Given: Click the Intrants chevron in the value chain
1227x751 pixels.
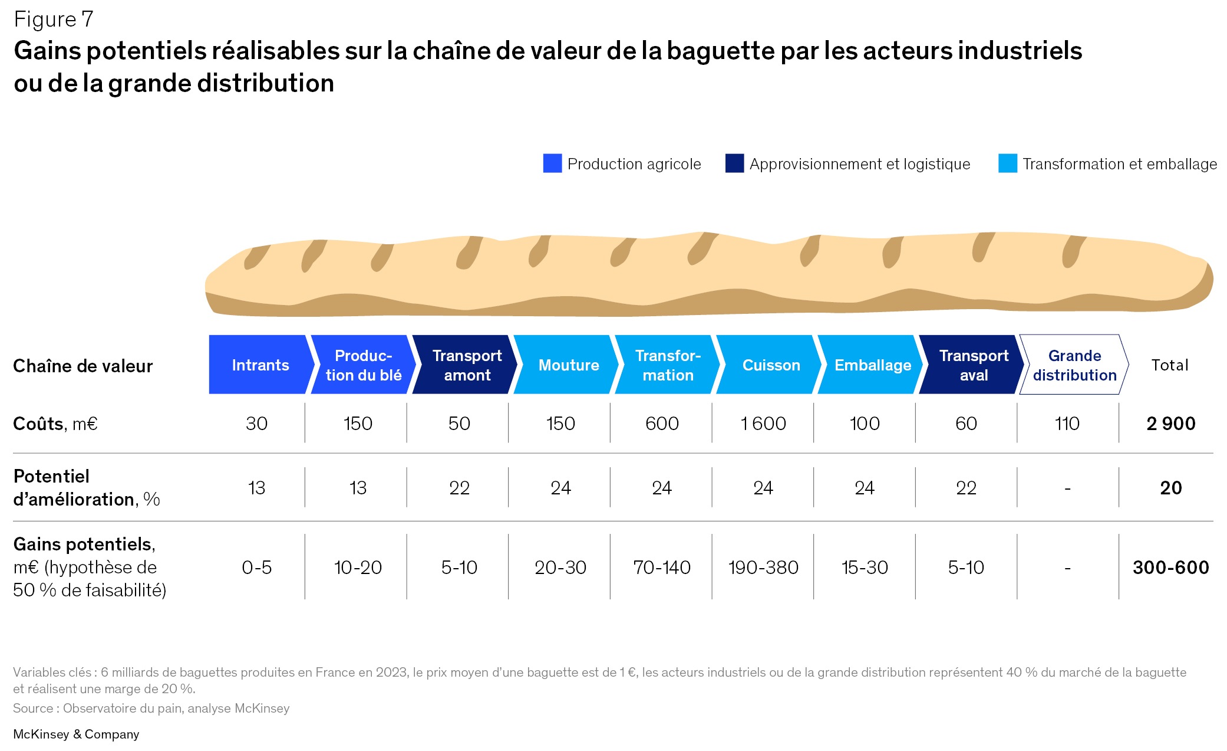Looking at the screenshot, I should click(x=260, y=365).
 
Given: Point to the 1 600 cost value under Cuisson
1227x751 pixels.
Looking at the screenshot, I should click(x=763, y=423).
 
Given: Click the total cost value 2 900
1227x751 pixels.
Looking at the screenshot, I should click(x=1170, y=423).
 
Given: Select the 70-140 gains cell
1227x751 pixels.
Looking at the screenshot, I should click(x=661, y=567).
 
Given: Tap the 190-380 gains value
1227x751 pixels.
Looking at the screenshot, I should click(x=763, y=567).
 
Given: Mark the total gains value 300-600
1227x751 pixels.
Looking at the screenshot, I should click(x=1170, y=567).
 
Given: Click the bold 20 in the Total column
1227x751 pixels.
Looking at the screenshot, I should click(x=1170, y=487).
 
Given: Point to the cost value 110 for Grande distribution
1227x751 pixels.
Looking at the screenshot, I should click(x=1067, y=423).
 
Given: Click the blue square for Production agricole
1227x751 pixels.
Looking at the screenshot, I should click(x=552, y=163).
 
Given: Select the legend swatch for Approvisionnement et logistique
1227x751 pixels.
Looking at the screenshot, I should click(x=734, y=163).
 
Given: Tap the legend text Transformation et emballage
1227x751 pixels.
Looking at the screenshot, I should click(x=1119, y=163).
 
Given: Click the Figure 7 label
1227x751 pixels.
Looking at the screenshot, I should click(x=54, y=19).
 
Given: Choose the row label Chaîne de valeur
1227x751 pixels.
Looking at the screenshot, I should click(x=83, y=366).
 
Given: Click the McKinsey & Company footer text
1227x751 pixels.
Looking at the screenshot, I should click(x=76, y=734).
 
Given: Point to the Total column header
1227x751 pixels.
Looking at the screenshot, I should click(x=1170, y=365).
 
